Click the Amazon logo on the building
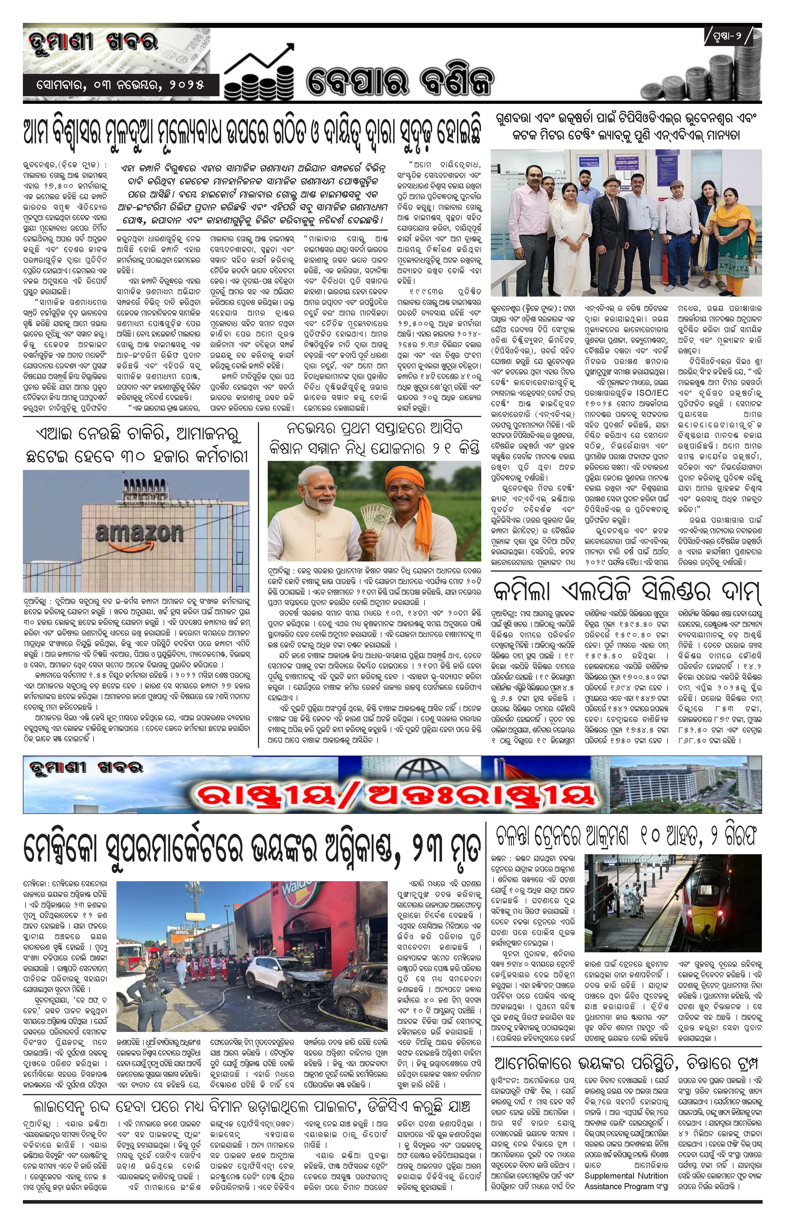tap(139, 533)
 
